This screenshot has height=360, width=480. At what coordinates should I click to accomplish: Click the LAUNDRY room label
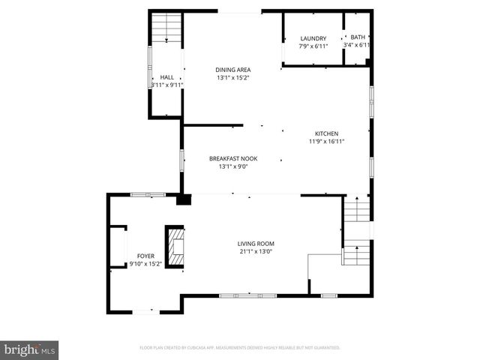(313, 38)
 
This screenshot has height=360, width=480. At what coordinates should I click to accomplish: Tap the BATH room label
(358, 37)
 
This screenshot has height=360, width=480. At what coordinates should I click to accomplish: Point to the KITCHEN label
(326, 133)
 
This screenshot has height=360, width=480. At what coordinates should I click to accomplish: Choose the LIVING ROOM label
(256, 244)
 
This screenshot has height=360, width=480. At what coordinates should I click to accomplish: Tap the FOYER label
(145, 256)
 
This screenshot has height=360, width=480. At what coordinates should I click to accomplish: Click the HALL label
(166, 77)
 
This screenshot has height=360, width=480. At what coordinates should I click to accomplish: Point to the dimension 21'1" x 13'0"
(256, 251)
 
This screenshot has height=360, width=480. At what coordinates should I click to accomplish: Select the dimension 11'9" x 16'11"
(326, 141)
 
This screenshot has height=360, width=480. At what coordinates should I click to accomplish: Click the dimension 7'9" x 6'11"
(313, 46)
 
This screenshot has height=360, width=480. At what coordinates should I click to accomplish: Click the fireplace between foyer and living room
(175, 246)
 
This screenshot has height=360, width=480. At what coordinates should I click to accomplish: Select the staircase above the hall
(166, 31)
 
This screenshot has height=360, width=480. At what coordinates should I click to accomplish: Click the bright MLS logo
(30, 349)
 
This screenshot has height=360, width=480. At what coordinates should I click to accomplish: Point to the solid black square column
(184, 199)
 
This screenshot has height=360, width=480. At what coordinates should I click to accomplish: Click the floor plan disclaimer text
(240, 348)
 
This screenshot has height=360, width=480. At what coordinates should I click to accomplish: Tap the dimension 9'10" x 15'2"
(145, 263)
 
